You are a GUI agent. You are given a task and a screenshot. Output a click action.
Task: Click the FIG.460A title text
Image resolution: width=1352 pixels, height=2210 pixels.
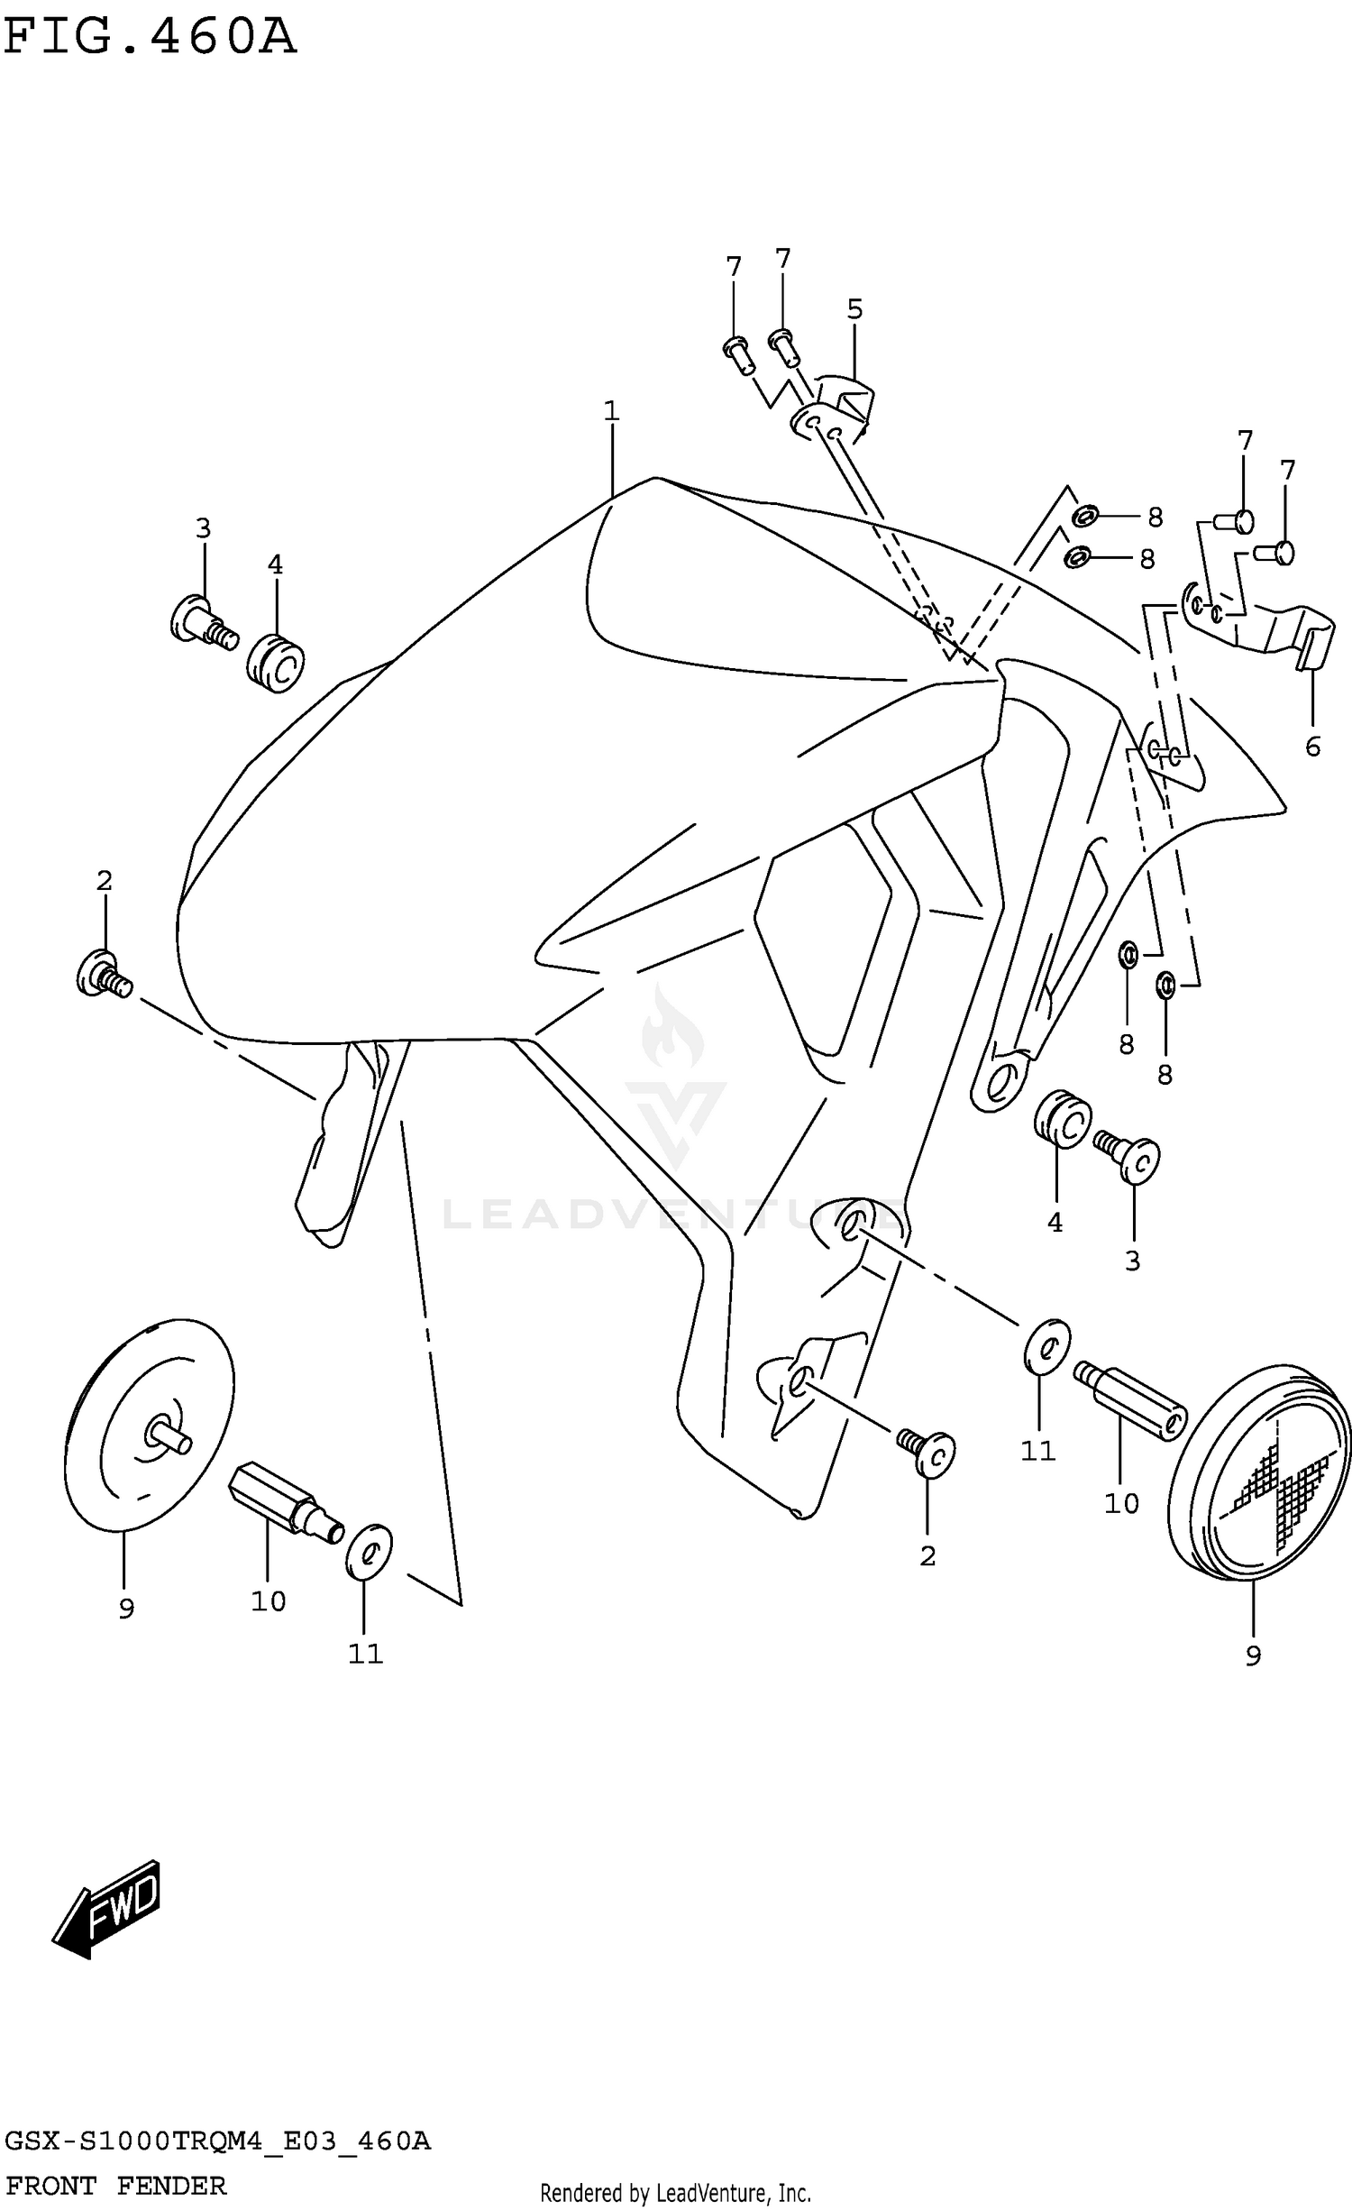coord(150,38)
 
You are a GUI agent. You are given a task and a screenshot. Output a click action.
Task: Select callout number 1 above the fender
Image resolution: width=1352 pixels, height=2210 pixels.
coord(611,412)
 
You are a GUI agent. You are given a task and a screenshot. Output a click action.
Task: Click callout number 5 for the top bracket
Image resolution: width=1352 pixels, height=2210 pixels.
coord(854,310)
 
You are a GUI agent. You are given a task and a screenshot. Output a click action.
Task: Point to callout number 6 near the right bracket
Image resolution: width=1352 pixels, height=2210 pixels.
coord(1312,747)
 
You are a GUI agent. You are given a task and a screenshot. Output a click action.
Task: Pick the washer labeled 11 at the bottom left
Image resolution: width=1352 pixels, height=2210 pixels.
coord(369,1552)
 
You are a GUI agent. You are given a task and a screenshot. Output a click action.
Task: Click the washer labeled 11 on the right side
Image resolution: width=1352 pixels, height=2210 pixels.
coord(1046,1348)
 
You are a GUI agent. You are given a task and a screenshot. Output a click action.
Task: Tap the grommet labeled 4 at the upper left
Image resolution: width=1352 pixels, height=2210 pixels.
coord(276,665)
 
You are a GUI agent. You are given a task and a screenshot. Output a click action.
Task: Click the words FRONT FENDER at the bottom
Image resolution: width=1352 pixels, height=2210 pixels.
coord(115,2186)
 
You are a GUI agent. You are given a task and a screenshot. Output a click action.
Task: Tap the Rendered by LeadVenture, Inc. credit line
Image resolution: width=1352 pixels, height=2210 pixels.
coord(675,2192)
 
